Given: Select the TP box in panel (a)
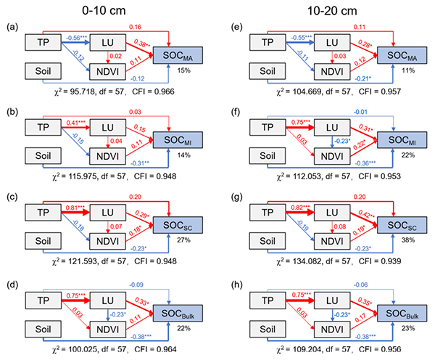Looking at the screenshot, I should pyautogui.click(x=45, y=44).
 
